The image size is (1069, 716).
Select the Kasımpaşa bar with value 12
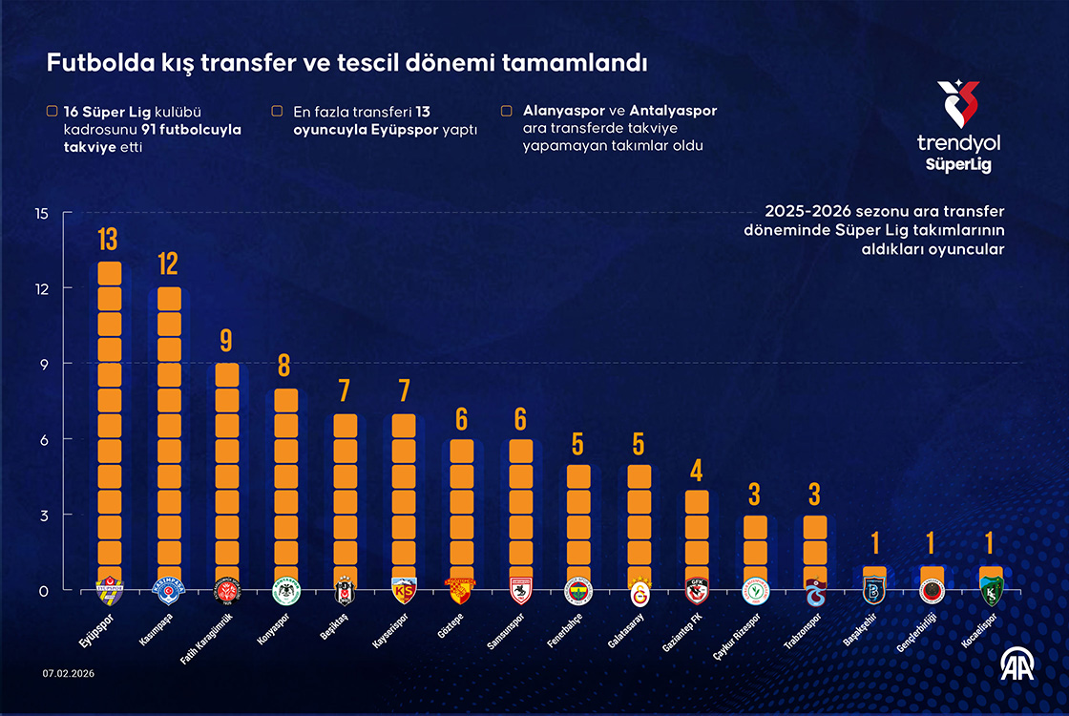tap(169, 430)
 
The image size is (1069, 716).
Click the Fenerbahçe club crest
tap(579, 592)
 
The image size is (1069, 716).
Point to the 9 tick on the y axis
tap(41, 364)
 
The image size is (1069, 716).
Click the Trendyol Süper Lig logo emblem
tap(957, 103)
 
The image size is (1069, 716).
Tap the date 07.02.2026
tap(69, 673)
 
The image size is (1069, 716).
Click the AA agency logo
tap(1016, 666)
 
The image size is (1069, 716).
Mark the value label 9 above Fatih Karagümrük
tap(227, 341)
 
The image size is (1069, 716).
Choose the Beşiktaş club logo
tap(345, 592)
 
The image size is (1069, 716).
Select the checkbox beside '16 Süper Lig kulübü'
tap(52, 111)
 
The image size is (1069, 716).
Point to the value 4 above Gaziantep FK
tap(697, 471)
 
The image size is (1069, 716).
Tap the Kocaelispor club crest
tap(991, 592)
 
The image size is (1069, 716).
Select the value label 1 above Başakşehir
tap(874, 544)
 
